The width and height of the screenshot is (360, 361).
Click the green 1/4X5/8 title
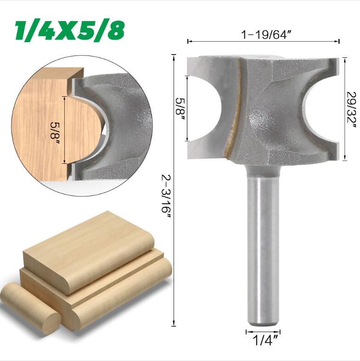pos(70,31)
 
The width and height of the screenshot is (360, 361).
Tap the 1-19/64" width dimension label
pos(267,35)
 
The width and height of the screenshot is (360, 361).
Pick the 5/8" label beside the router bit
pos(181,106)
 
